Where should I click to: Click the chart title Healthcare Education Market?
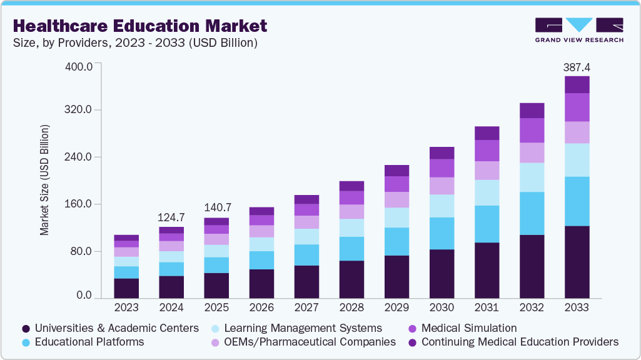tap(139, 26)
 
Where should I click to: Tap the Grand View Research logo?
tap(578, 29)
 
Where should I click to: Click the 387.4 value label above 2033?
tap(577, 66)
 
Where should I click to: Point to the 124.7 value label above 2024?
tap(171, 217)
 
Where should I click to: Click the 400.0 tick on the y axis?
tap(79, 66)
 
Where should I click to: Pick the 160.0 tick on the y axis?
tap(79, 204)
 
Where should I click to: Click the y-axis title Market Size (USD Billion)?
tap(44, 181)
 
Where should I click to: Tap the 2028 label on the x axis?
tap(351, 308)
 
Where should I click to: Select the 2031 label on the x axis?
tap(487, 308)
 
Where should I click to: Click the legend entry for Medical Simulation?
tap(469, 328)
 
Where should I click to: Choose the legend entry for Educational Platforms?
tap(89, 342)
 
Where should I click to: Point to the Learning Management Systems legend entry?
tap(303, 328)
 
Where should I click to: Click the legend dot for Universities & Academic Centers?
tap(26, 329)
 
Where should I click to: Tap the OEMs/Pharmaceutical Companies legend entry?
tap(310, 342)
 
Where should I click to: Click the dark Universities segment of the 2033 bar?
tap(577, 261)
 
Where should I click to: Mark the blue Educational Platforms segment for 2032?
tap(532, 213)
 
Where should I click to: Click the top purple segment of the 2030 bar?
tap(442, 153)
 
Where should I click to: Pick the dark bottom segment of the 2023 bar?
tap(126, 287)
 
